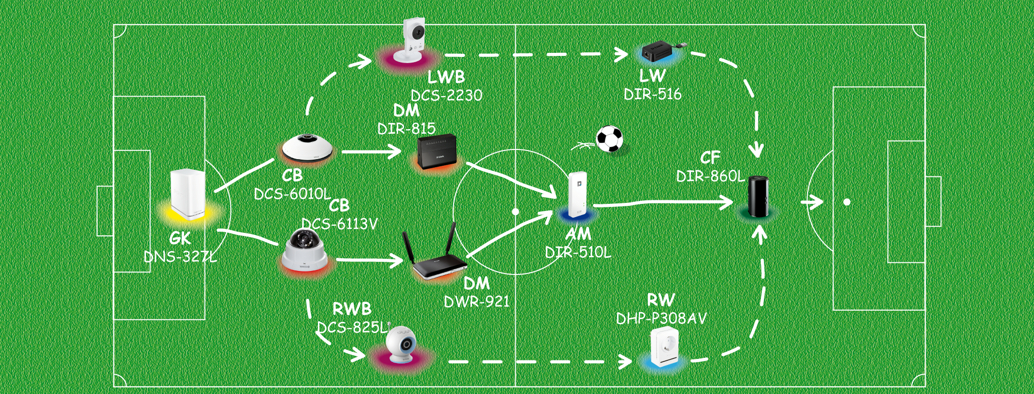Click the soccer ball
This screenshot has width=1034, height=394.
(x=609, y=139)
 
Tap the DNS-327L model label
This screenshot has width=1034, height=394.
(x=180, y=257)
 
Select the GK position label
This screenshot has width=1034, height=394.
(x=180, y=238)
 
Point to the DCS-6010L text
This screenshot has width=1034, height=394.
(x=292, y=194)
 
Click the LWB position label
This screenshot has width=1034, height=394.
(x=446, y=77)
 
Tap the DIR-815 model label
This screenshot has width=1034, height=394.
(x=406, y=129)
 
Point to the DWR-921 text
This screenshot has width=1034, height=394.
(x=477, y=302)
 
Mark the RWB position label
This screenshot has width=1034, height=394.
(x=351, y=309)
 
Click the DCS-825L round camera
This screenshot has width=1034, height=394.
(x=401, y=345)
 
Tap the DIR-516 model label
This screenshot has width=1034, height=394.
(x=653, y=94)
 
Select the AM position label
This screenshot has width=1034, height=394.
(x=578, y=234)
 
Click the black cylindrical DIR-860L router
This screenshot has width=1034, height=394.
(x=759, y=196)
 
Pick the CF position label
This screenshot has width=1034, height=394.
(x=710, y=158)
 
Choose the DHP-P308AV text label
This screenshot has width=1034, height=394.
(x=661, y=319)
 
